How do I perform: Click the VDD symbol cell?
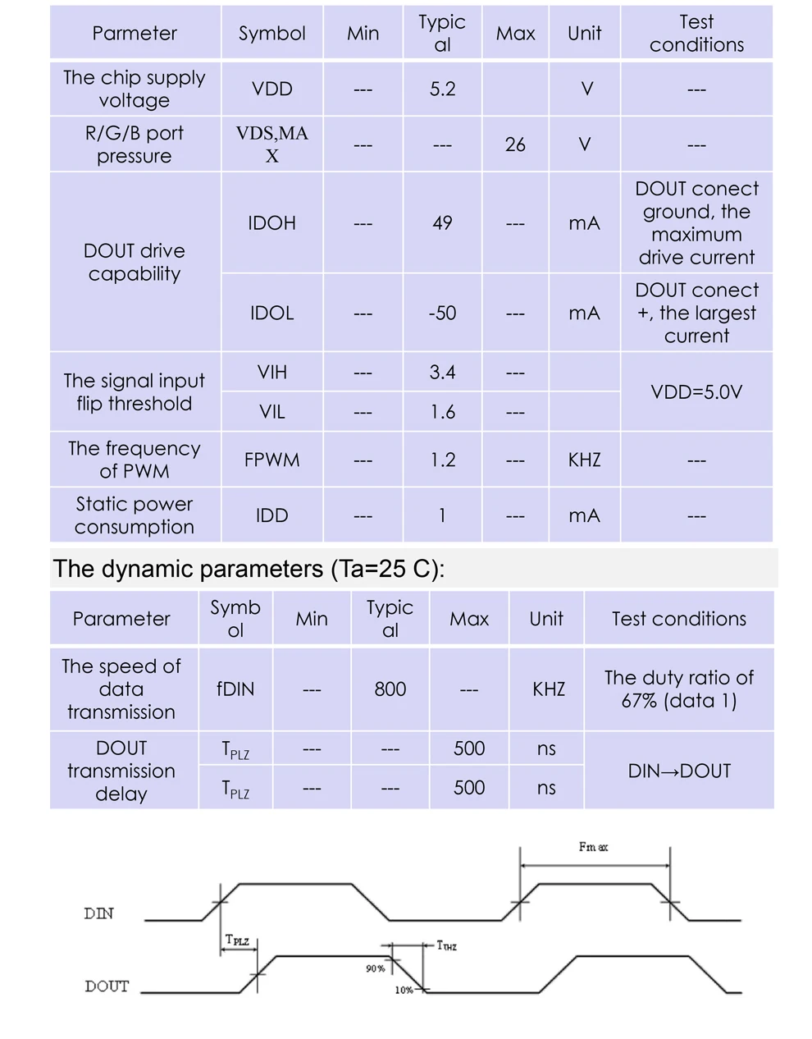(271, 89)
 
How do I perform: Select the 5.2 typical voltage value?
(442, 89)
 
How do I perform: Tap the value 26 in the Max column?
(515, 144)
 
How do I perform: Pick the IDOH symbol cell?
(271, 223)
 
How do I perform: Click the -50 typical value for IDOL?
(442, 314)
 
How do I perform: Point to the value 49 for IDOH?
(442, 223)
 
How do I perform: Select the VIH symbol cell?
(271, 372)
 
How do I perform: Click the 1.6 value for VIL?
(442, 412)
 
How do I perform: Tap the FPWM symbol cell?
(271, 460)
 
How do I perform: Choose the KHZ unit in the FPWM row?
(584, 460)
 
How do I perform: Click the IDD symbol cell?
(271, 515)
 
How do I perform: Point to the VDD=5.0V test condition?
(696, 392)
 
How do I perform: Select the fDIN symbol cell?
(235, 689)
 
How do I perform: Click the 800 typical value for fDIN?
(390, 689)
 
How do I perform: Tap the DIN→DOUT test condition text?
(679, 771)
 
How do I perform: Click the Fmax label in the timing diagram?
(593, 847)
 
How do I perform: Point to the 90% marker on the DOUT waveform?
(376, 968)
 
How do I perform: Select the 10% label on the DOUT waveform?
(404, 990)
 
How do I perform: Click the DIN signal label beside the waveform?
(99, 913)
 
